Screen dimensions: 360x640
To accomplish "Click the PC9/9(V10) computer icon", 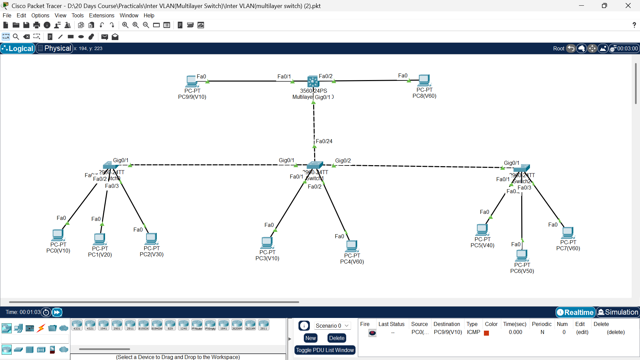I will pyautogui.click(x=191, y=81).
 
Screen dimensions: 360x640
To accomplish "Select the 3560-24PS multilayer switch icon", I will pyautogui.click(x=313, y=81).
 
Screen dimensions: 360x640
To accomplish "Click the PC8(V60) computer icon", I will pyautogui.click(x=424, y=80).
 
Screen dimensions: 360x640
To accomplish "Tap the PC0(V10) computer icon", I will pyautogui.click(x=58, y=235).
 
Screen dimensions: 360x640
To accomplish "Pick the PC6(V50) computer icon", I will pyautogui.click(x=522, y=256).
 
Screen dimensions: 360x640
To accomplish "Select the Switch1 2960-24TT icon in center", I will pyautogui.click(x=314, y=165).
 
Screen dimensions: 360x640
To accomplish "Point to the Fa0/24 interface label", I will pyautogui.click(x=324, y=141).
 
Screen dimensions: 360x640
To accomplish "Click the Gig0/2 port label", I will pyautogui.click(x=343, y=161).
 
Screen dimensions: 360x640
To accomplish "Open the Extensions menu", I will pyautogui.click(x=101, y=15).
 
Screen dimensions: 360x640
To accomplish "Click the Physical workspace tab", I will pyautogui.click(x=54, y=48).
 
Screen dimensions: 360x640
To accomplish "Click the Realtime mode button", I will pyautogui.click(x=575, y=312).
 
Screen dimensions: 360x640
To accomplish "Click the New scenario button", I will pyautogui.click(x=310, y=338).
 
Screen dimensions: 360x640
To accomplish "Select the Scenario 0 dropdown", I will pyautogui.click(x=332, y=326).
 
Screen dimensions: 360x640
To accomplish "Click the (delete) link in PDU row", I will pyautogui.click(x=616, y=332).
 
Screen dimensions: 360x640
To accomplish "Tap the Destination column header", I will pyautogui.click(x=447, y=324).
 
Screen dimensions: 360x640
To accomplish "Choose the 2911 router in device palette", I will pyautogui.click(x=130, y=325).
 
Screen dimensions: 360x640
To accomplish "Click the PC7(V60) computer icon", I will pyautogui.click(x=568, y=233).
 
